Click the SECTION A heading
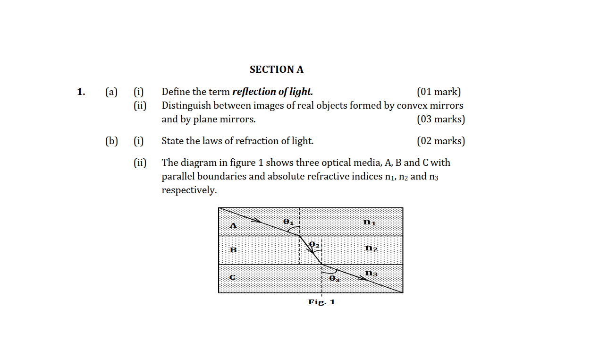click(x=277, y=69)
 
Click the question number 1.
click(x=81, y=92)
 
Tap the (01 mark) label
click(x=439, y=92)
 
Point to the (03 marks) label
click(x=440, y=119)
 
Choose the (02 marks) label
click(x=440, y=141)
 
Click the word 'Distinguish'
click(x=187, y=105)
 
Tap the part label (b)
click(x=111, y=141)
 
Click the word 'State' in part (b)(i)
click(x=173, y=141)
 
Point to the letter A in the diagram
click(x=232, y=225)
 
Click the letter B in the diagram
click(x=232, y=249)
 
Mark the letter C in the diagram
click(x=232, y=277)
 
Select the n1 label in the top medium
click(x=370, y=222)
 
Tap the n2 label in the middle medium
click(x=371, y=248)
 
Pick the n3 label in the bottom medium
click(x=371, y=274)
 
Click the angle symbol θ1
click(x=288, y=222)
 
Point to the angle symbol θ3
click(x=334, y=279)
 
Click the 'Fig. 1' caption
click(x=321, y=302)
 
